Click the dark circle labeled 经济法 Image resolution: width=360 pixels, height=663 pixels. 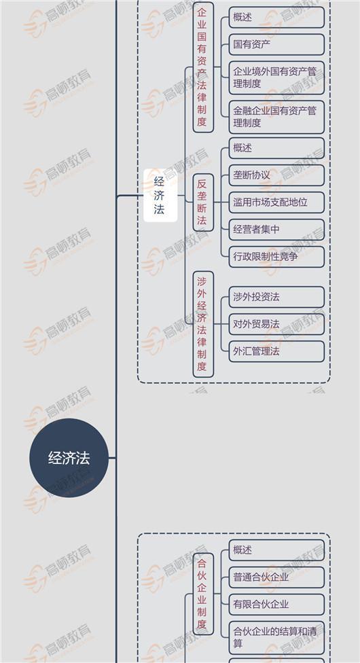(x=69, y=458)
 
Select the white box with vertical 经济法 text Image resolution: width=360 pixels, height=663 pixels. (x=160, y=196)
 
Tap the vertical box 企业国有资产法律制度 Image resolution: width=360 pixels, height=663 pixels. (x=203, y=67)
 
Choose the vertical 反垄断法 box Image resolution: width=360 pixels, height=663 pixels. (x=203, y=202)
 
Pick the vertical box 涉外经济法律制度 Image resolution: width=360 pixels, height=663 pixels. (x=203, y=324)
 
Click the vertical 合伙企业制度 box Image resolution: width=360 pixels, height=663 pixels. (x=203, y=594)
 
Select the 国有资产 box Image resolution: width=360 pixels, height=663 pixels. (x=276, y=44)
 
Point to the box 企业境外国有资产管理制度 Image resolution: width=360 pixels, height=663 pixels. (x=276, y=78)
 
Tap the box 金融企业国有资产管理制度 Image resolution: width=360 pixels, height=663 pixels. (x=276, y=117)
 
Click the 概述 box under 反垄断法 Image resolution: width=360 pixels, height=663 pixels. (x=276, y=148)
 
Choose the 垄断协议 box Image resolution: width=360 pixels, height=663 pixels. (x=276, y=175)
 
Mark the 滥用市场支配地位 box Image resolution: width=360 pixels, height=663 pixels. (x=276, y=202)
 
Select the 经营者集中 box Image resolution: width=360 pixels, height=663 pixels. (x=276, y=230)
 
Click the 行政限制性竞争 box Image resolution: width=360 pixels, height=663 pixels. (x=276, y=257)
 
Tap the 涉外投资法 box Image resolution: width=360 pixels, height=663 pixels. (x=276, y=297)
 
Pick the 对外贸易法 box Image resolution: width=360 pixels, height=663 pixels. (x=276, y=324)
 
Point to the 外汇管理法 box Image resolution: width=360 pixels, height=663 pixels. (x=276, y=351)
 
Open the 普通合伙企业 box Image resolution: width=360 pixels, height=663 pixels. (x=276, y=577)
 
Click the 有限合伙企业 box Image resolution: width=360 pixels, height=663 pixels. (x=276, y=605)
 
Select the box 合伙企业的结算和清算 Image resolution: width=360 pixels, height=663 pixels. (x=276, y=638)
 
